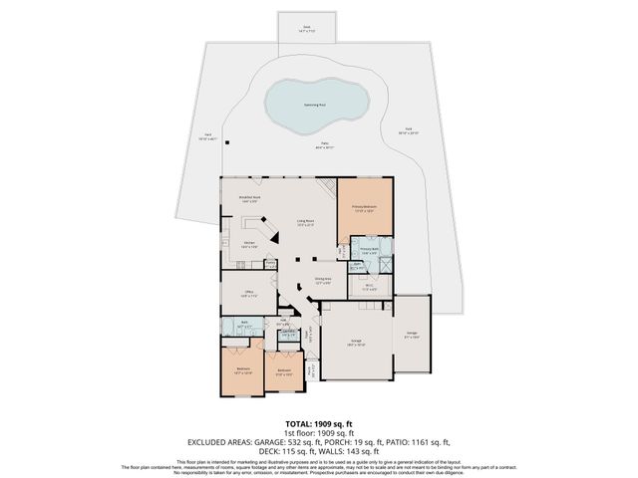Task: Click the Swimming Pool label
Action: tap(315, 103)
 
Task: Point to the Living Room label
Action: tap(305, 222)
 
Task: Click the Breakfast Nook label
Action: tap(248, 198)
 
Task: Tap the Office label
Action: tap(249, 294)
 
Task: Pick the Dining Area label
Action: tap(323, 280)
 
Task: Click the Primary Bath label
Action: tap(369, 250)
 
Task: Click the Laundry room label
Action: tap(286, 333)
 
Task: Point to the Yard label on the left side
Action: tap(208, 135)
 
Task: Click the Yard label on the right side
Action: tap(409, 131)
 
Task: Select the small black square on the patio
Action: tap(226, 142)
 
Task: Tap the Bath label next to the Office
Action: tap(246, 326)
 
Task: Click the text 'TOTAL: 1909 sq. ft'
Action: tap(318, 422)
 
